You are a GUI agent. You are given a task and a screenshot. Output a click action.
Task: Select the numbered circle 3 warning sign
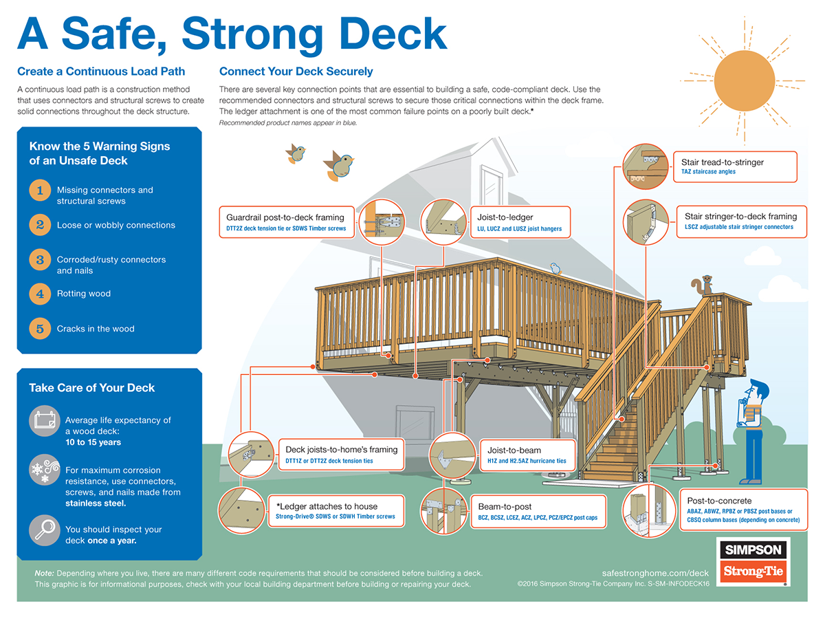coord(40,259)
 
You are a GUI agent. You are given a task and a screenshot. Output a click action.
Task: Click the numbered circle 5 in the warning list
coord(40,329)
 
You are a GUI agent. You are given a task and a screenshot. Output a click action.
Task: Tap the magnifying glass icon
coord(43,530)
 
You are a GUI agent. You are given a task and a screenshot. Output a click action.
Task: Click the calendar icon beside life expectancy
coord(43,421)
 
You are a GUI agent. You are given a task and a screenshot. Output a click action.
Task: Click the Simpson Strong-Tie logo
coord(752,561)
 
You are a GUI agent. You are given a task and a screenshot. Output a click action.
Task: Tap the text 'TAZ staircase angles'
coord(708,172)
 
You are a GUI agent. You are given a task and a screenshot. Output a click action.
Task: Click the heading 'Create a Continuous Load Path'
coord(101,71)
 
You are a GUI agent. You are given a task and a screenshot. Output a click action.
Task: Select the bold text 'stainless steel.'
coord(96,503)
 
